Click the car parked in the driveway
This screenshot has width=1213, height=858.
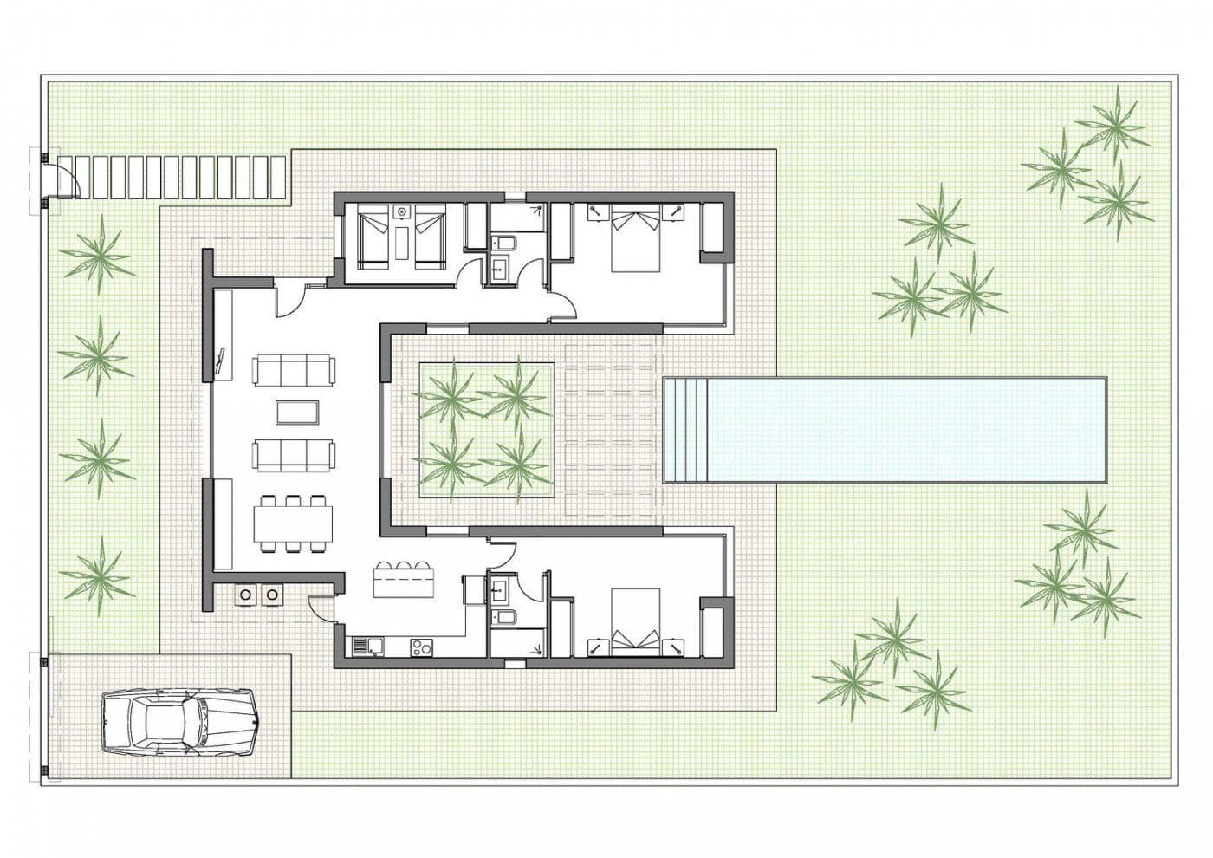point(178,721)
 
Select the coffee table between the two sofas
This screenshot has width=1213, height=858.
point(293,412)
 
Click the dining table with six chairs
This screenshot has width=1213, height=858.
point(293,523)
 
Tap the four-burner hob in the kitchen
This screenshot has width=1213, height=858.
point(421,646)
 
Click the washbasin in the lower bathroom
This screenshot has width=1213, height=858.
point(500,592)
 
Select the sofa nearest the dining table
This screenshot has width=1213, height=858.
point(293,454)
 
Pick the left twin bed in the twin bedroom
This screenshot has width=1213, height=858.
point(374,235)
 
